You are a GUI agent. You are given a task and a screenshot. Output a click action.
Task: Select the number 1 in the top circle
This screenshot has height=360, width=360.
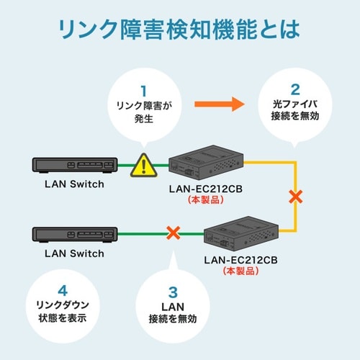tap(143, 91)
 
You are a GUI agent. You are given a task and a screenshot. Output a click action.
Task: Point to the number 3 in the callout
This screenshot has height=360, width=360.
tap(172, 292)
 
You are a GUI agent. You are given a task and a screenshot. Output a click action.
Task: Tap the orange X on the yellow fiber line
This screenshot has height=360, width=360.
tap(293, 196)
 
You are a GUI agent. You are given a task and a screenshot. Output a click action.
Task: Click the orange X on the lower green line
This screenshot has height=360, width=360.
tap(173, 233)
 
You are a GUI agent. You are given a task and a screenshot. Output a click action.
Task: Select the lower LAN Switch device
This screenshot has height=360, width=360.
tap(74, 235)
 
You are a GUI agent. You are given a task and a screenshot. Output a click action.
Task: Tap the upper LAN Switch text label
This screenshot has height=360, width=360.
tap(74, 184)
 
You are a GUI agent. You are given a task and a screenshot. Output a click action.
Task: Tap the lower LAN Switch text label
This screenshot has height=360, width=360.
tap(74, 253)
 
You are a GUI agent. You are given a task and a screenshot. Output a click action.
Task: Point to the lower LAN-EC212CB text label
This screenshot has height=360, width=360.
tap(238, 258)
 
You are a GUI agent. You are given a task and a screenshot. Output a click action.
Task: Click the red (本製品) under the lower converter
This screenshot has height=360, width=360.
tap(238, 271)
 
